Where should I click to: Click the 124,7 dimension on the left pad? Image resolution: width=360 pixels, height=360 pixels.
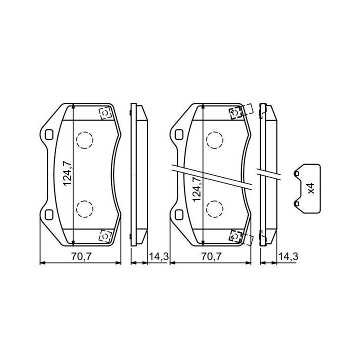point(67,174)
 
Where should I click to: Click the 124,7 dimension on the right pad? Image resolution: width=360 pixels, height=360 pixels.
point(197,189)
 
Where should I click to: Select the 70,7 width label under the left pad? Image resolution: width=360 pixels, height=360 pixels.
point(81,256)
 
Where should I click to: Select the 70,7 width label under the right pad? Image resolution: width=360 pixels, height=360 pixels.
point(211,256)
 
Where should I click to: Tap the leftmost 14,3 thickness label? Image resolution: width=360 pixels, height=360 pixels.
point(159,256)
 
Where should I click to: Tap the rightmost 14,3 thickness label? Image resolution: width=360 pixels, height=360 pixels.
point(288,256)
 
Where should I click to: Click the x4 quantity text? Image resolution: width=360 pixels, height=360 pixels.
point(311,188)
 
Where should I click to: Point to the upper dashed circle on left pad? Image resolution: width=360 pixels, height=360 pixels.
point(84,140)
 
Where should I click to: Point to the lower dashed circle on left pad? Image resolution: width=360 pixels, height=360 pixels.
point(84,209)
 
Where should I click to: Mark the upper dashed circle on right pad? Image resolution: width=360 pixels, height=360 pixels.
point(214,140)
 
